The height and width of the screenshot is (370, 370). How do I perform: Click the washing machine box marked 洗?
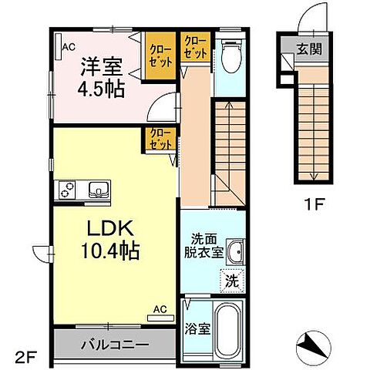[x=231, y=281]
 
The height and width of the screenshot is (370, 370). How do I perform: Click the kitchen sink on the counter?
[x=97, y=189]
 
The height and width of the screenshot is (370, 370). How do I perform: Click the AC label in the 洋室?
[x=69, y=45]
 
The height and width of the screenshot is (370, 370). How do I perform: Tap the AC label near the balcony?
[x=158, y=310]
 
